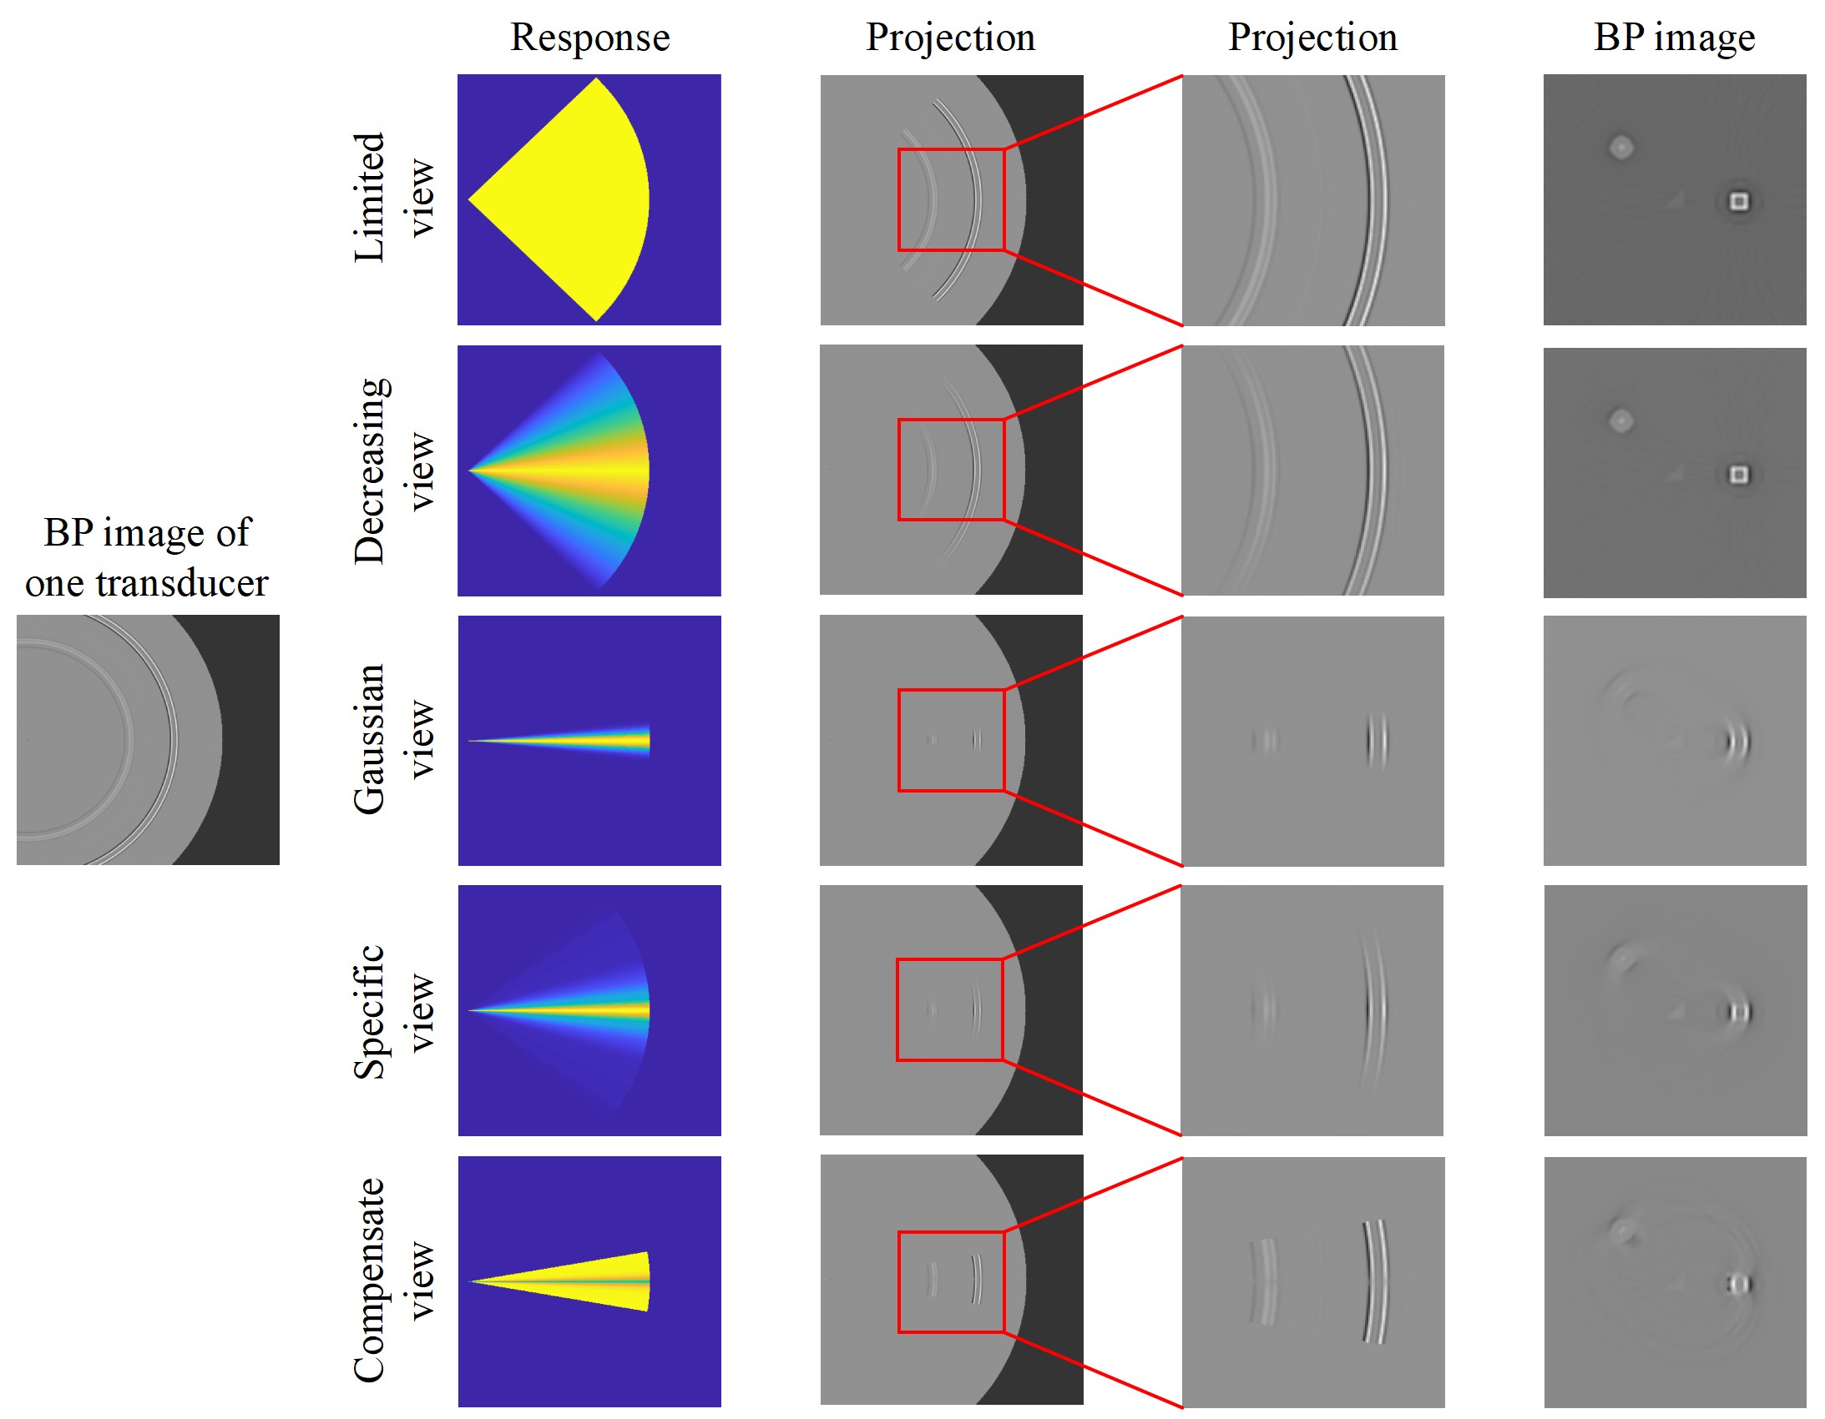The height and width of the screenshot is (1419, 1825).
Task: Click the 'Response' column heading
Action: point(590,38)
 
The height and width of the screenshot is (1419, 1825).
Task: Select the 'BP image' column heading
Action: point(1674,38)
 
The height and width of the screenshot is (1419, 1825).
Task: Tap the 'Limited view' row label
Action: point(393,197)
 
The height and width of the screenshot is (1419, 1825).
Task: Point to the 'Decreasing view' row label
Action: point(393,471)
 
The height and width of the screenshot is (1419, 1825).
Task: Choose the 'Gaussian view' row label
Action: point(393,739)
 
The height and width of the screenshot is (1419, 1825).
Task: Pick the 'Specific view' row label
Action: point(393,1011)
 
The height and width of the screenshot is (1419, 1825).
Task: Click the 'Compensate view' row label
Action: point(393,1281)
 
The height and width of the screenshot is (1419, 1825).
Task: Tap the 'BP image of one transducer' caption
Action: point(147,557)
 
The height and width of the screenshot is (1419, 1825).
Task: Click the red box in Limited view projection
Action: point(898,199)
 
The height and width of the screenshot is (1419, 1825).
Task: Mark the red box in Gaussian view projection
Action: point(898,740)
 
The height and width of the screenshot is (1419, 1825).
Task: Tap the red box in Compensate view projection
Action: point(898,1281)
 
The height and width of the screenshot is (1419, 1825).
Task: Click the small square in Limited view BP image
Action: point(1739,201)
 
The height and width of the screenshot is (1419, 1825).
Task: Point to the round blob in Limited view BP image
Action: point(1621,148)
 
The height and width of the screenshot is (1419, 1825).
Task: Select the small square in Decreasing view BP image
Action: point(1739,475)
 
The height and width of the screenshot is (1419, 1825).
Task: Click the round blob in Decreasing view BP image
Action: point(1621,420)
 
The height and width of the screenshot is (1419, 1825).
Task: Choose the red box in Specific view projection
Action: point(897,1009)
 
